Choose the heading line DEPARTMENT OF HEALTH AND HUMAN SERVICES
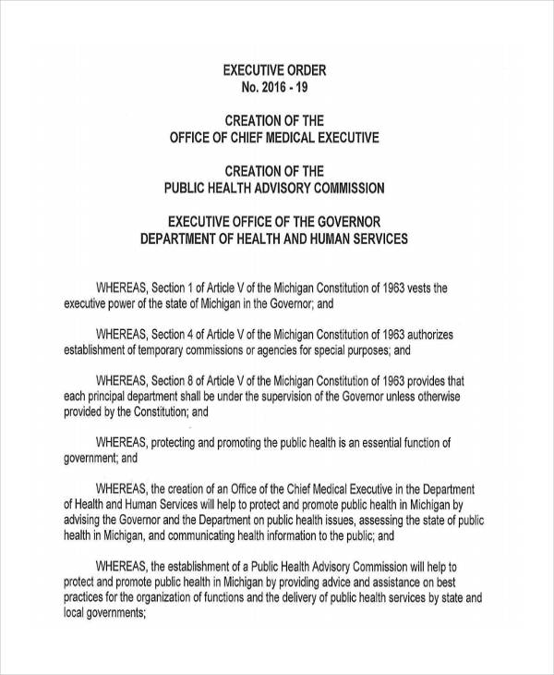[x=273, y=238]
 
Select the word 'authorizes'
[x=422, y=334]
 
